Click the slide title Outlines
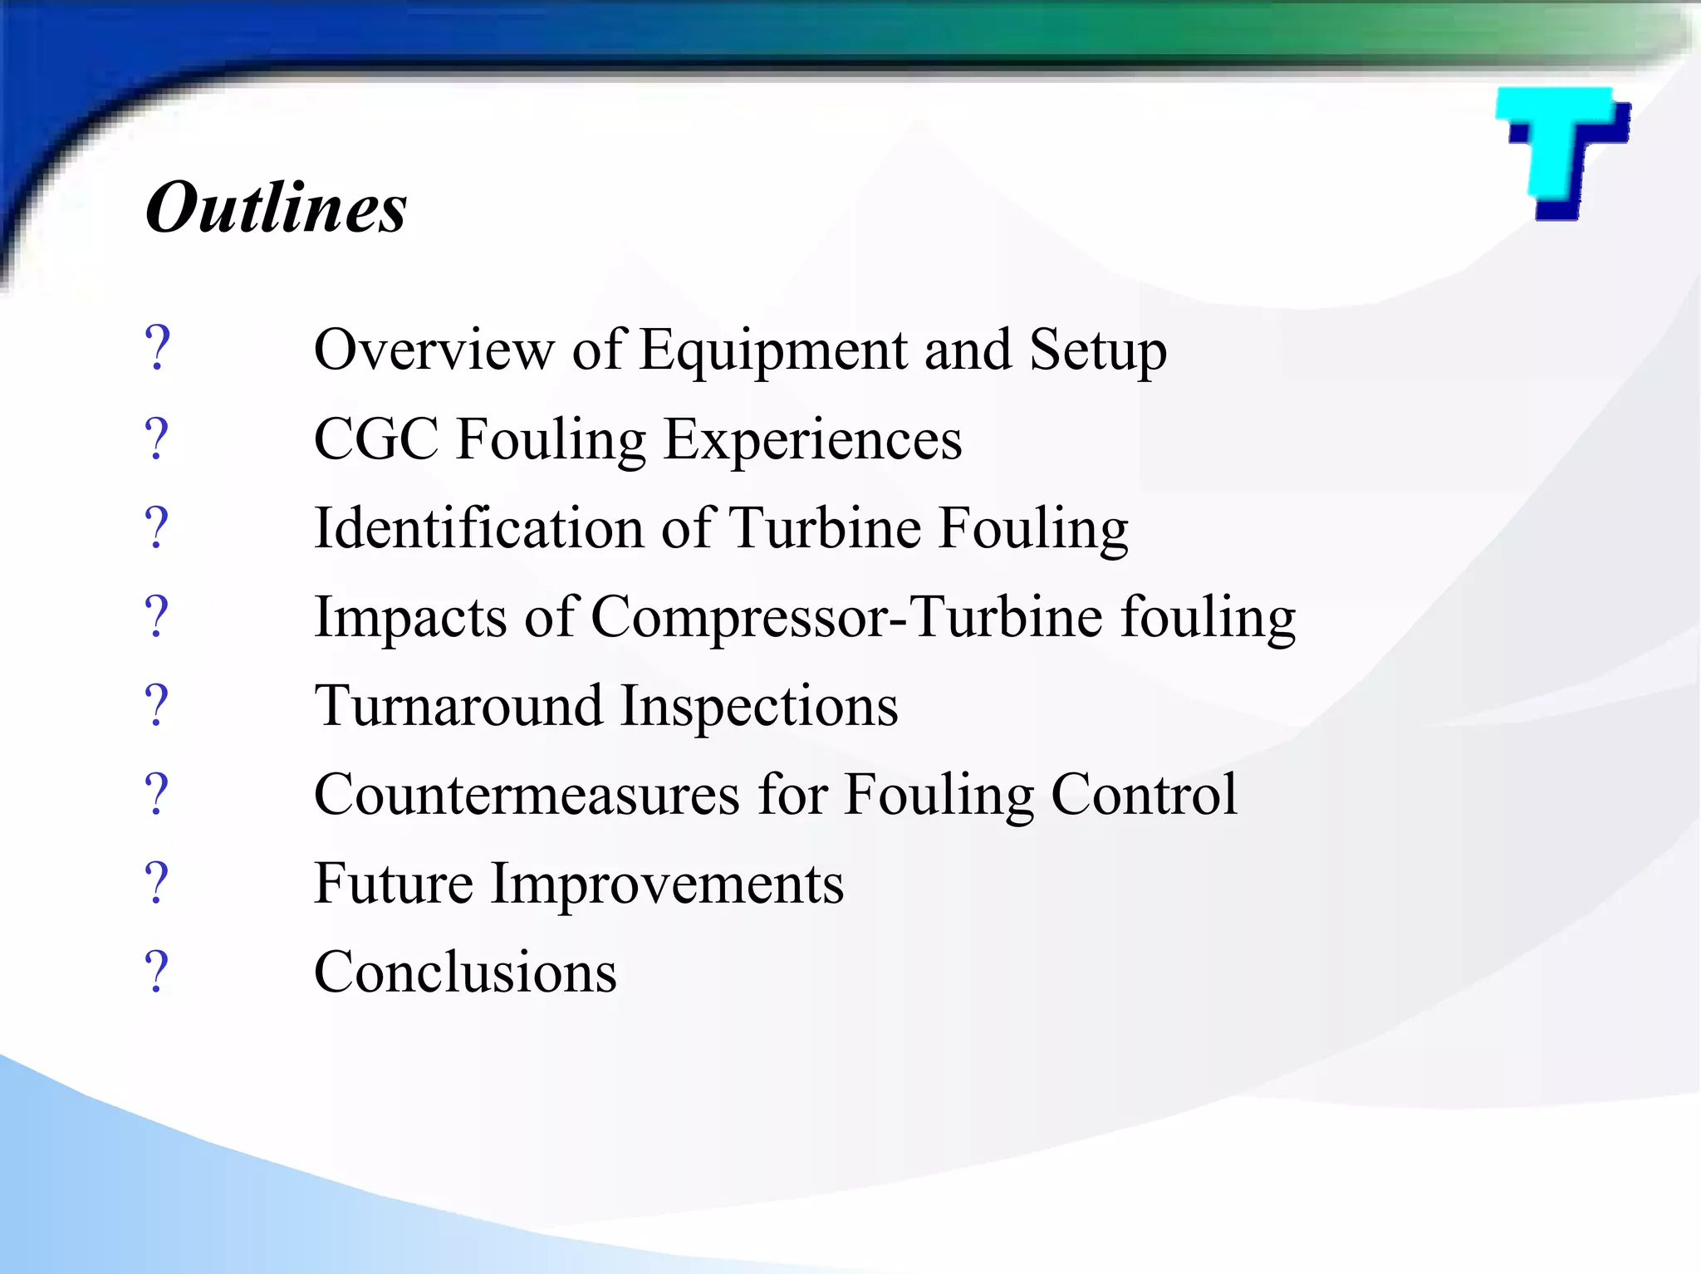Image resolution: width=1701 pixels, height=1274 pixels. pos(276,208)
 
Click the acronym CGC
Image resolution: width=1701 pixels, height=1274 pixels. pos(376,439)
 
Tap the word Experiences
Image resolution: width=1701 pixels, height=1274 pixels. pos(813,441)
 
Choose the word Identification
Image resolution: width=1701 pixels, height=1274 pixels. pos(478,528)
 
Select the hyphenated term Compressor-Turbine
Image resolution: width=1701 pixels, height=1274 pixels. pos(846,619)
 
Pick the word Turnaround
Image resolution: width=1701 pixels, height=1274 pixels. pos(458,707)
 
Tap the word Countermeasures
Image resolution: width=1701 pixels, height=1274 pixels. pos(527,795)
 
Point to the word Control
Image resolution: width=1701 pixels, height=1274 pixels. pos(1145,795)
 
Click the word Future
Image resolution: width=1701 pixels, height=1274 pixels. pos(394,884)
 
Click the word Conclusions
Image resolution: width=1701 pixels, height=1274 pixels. pos(465,973)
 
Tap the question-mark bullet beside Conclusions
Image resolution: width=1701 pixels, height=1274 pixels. pos(156,973)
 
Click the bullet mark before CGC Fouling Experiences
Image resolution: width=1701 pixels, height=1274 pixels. pos(156,439)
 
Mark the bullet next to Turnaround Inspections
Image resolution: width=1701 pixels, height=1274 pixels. pos(156,707)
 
